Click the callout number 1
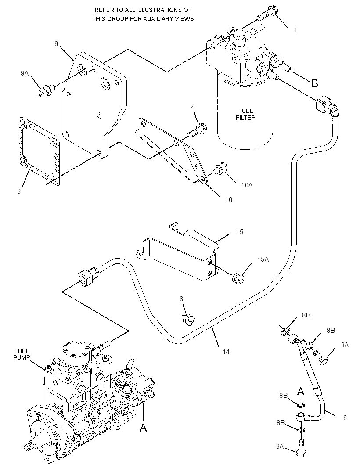pos(295,30)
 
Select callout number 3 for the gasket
pos(19,191)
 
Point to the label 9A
pos(25,73)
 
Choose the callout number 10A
pos(247,185)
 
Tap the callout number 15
pos(239,232)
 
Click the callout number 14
pos(226,352)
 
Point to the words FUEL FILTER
pos(246,115)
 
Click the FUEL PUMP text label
pos(22,354)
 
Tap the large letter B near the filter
pos(315,83)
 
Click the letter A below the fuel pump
pos(143,428)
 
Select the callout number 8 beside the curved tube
pos(345,418)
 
